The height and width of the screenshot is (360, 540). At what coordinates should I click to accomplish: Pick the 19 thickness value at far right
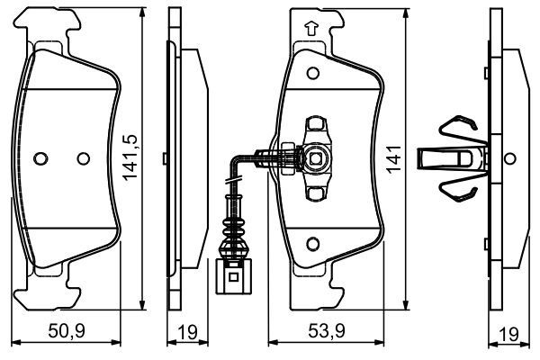(x=508, y=334)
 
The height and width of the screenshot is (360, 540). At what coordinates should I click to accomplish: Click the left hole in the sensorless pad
(x=39, y=158)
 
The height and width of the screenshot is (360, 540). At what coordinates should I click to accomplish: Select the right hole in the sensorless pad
(x=84, y=158)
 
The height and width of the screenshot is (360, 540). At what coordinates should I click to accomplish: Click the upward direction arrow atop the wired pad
(x=311, y=28)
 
